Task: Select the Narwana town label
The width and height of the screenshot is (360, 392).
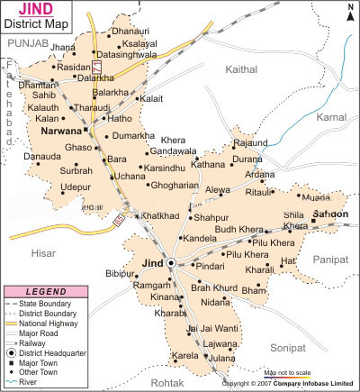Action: coord(62,132)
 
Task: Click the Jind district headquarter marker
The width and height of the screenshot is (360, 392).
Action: coord(171,262)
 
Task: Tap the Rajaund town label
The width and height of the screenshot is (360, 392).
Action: coord(250,143)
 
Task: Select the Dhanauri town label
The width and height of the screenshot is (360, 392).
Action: coord(130,32)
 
